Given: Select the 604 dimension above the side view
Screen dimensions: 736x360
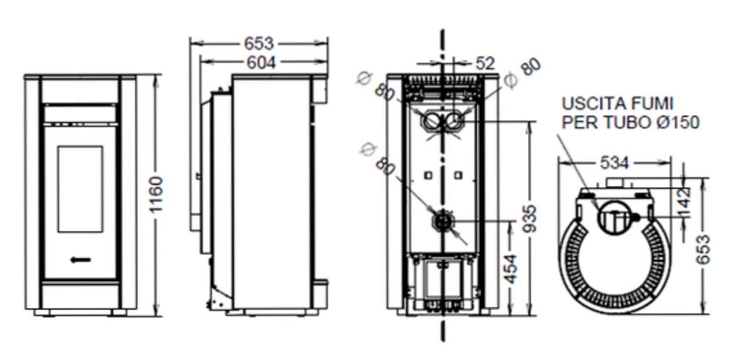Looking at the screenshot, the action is (261, 63).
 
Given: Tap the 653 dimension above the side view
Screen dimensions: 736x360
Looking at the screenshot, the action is (259, 44).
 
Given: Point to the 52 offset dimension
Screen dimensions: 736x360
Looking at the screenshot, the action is (485, 63).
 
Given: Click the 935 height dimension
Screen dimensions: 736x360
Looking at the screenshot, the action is (529, 219).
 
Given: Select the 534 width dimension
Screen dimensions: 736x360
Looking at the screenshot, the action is (614, 163).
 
